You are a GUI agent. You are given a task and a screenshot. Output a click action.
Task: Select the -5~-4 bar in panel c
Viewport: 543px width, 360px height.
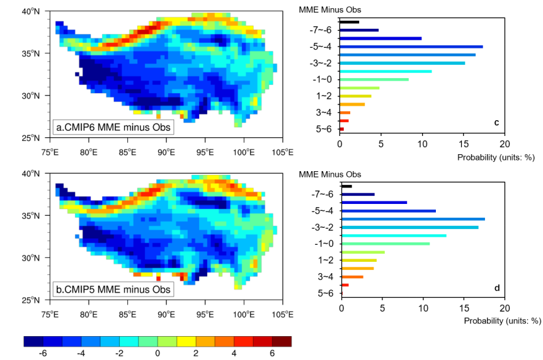click(411, 47)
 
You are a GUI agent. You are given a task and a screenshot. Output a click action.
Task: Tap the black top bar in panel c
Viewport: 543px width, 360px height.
click(350, 22)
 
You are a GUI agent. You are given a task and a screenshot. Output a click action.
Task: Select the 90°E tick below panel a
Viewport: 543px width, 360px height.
click(166, 152)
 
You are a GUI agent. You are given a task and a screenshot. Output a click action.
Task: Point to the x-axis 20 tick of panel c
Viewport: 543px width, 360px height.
click(504, 144)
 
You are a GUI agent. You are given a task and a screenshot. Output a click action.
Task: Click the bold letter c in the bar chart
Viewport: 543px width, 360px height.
click(496, 122)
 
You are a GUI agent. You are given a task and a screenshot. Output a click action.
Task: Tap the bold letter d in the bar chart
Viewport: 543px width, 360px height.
click(497, 288)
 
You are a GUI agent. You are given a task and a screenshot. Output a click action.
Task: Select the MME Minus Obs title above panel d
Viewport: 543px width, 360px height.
click(329, 174)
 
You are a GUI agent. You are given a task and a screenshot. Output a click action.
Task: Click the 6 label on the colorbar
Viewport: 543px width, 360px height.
click(273, 354)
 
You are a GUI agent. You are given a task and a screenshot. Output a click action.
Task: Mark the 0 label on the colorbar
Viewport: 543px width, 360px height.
click(157, 354)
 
